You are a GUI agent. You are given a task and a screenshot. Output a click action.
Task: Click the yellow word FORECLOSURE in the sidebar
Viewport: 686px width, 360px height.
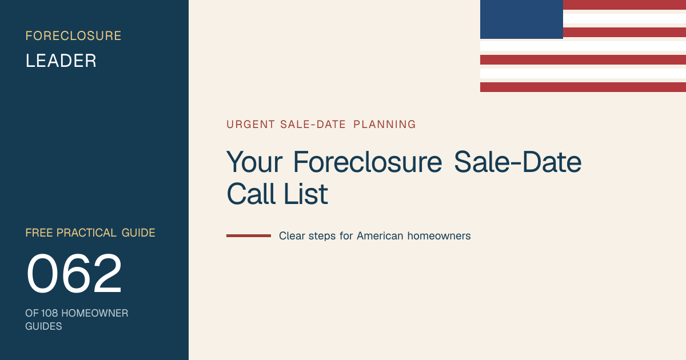point(73,36)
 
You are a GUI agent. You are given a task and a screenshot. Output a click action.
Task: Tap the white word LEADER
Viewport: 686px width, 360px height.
point(61,61)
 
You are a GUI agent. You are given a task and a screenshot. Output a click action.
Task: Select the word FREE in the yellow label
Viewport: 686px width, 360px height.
point(39,233)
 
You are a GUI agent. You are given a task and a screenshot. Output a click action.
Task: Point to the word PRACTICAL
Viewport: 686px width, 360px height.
point(86,233)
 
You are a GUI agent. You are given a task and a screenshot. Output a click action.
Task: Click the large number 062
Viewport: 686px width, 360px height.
point(74,273)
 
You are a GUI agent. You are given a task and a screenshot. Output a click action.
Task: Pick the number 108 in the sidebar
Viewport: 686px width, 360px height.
point(49,313)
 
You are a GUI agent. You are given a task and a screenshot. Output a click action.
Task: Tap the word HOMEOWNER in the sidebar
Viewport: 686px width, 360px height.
point(95,313)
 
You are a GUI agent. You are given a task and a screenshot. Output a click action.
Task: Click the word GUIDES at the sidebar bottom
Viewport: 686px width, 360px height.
point(43,326)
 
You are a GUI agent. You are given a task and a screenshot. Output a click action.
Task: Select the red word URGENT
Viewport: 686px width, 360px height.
point(250,125)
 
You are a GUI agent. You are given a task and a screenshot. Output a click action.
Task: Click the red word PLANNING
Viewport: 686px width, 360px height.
point(385,125)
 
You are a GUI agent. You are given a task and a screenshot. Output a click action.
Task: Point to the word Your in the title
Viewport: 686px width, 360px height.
point(254,162)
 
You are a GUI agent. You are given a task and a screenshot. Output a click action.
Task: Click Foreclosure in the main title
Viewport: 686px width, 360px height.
point(368,162)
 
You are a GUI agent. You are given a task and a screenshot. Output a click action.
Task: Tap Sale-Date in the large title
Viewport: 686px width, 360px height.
point(517,162)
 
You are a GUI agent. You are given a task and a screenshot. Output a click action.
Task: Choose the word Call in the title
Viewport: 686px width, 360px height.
point(251,194)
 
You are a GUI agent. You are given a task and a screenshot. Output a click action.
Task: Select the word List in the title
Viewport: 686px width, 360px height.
point(306,194)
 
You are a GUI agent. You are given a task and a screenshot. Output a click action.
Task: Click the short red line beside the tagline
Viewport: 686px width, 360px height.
point(249,235)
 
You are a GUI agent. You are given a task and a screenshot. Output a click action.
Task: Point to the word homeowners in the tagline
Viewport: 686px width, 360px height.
point(439,236)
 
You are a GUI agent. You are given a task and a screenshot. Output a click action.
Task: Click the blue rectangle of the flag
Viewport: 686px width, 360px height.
point(521,19)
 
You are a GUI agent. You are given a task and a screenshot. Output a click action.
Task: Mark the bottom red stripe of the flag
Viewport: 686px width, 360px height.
point(583,87)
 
